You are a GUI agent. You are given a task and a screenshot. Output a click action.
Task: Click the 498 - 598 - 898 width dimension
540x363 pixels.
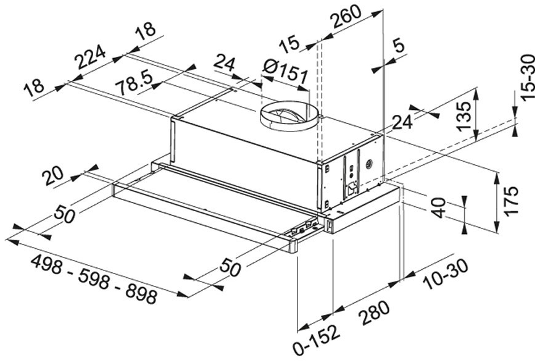pyautogui.click(x=94, y=279)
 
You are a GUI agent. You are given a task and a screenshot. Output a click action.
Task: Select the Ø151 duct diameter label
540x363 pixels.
pyautogui.click(x=285, y=72)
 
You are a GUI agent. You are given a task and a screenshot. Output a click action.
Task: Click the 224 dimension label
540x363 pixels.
pyautogui.click(x=91, y=57)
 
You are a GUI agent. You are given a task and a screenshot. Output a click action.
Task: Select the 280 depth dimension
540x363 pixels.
pyautogui.click(x=373, y=313)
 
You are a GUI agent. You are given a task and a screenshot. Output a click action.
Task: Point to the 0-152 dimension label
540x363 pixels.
pyautogui.click(x=317, y=340)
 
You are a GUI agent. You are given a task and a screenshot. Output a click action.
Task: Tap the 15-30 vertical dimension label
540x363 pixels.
pyautogui.click(x=528, y=78)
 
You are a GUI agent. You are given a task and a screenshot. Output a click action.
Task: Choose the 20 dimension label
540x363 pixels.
pyautogui.click(x=52, y=177)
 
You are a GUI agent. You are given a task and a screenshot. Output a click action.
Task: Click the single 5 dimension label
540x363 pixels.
pyautogui.click(x=399, y=46)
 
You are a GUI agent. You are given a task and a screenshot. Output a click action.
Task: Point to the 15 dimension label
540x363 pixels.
pyautogui.click(x=289, y=44)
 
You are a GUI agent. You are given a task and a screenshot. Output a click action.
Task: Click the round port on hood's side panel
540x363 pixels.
pyautogui.click(x=370, y=164)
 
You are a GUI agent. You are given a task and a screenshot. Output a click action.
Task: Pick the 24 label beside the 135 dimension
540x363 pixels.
pyautogui.click(x=402, y=122)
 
